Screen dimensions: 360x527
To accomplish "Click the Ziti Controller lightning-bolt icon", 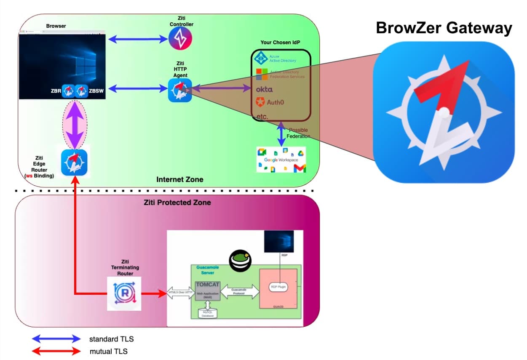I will tap(180, 39).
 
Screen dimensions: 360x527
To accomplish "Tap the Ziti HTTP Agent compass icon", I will tap(180, 90).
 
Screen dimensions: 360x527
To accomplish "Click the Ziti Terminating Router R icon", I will tap(123, 293).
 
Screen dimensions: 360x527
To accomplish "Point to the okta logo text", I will tap(264, 89).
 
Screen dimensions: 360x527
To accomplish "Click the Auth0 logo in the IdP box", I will tap(268, 102).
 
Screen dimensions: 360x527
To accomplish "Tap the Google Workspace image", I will tap(281, 160).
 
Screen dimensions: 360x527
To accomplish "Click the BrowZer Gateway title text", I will tap(444, 28).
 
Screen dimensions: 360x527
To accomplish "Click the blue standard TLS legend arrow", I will tap(56, 339).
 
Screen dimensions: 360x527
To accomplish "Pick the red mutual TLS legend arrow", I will tap(56, 351).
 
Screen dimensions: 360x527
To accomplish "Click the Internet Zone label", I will tap(179, 179).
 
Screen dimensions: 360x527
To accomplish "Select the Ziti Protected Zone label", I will tap(177, 203).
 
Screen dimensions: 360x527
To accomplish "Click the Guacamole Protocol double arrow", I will tap(239, 291).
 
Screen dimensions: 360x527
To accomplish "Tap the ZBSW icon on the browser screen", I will tap(81, 90).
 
